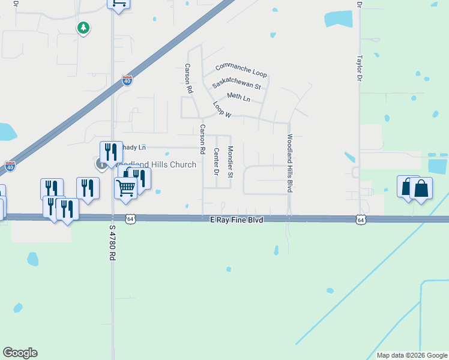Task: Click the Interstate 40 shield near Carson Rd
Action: (127, 80)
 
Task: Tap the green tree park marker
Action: (83, 28)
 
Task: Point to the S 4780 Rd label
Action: (112, 242)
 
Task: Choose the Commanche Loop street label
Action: (241, 70)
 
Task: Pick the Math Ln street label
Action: (238, 97)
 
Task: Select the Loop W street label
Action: (221, 109)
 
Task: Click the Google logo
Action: (20, 353)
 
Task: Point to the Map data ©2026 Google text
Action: (412, 355)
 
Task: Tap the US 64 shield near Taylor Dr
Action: (360, 220)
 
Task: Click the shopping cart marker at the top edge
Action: (119, 3)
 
